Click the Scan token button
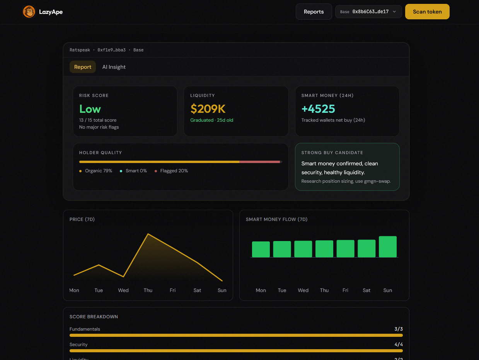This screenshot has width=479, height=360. (x=427, y=12)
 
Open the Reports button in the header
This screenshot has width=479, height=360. (x=314, y=12)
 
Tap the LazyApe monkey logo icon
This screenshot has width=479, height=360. (x=29, y=12)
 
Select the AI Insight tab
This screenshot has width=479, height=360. (x=114, y=67)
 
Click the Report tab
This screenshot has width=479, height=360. (x=83, y=67)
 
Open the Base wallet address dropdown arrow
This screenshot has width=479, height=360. (x=394, y=12)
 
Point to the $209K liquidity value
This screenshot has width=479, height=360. (x=208, y=109)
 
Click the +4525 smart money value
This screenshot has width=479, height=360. (x=318, y=109)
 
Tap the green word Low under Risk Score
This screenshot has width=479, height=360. (x=90, y=109)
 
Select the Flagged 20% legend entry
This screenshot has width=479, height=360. (x=171, y=171)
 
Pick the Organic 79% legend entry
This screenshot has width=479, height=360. (x=96, y=171)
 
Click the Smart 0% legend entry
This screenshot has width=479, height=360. (x=133, y=171)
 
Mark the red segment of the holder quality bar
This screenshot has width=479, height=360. (x=259, y=162)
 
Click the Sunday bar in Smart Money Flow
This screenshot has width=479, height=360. (x=387, y=246)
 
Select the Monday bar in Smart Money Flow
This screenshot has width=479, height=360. (x=261, y=249)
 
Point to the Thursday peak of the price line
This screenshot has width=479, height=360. (x=148, y=234)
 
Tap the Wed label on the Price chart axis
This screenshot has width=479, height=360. (x=123, y=290)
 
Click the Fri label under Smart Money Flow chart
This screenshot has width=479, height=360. (x=345, y=290)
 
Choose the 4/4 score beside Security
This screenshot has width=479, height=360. (x=399, y=344)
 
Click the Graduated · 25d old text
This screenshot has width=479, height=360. (x=212, y=120)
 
